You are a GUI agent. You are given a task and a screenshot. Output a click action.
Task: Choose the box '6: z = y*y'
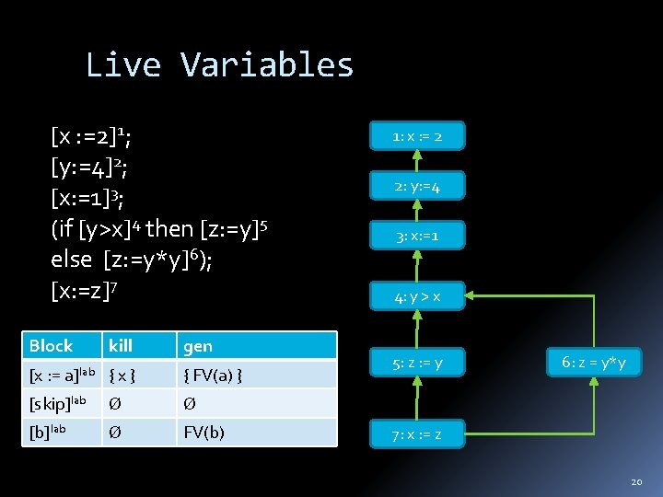coord(593,363)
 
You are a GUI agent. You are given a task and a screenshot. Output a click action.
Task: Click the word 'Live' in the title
coord(123,64)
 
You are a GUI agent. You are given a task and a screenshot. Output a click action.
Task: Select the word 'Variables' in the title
coord(267,64)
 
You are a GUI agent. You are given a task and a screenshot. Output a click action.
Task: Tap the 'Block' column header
coord(52,346)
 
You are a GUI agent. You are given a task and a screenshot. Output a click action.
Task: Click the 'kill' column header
coord(121,346)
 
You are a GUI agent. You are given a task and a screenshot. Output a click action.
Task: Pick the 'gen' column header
coord(198,346)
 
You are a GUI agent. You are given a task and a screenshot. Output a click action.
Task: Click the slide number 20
coord(636,480)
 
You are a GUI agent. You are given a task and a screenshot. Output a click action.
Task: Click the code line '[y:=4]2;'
coord(89,168)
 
